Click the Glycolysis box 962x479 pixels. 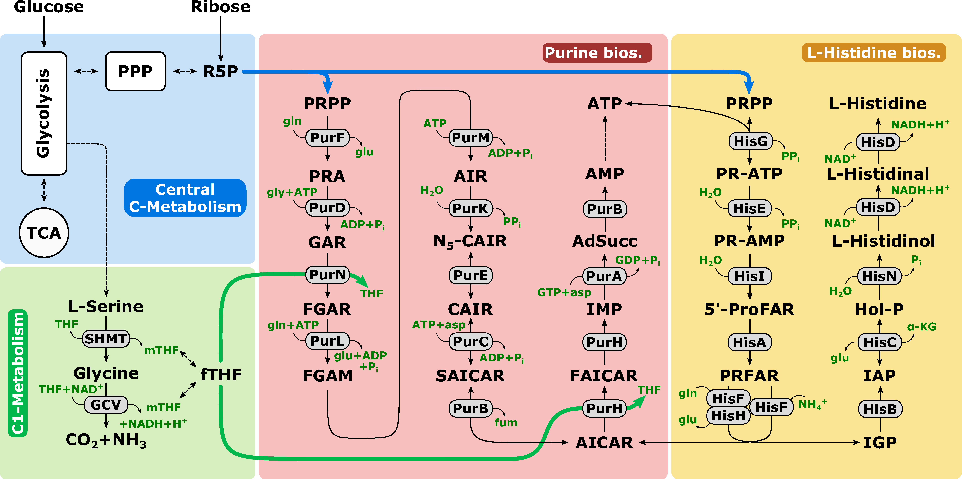[x=44, y=113]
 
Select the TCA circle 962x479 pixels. [x=44, y=233]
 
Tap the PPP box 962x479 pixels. [x=135, y=71]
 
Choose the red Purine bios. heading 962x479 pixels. [x=597, y=53]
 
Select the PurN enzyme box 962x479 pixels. [x=327, y=275]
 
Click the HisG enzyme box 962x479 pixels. [x=750, y=141]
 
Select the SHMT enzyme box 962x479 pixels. [x=106, y=339]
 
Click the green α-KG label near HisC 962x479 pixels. [x=921, y=327]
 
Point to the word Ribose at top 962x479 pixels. [x=220, y=7]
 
